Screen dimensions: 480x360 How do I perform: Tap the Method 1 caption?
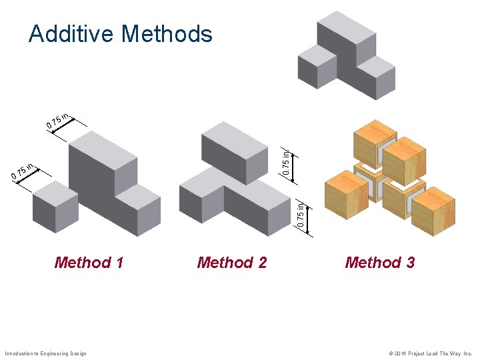pos(89,263)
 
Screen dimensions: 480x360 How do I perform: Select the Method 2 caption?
pos(231,263)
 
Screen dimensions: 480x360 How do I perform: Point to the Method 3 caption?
pos(379,263)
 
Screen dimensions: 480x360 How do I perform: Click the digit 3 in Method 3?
pos(409,263)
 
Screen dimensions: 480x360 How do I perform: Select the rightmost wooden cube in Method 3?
pos(433,210)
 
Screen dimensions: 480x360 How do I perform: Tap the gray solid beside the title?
pos(347,57)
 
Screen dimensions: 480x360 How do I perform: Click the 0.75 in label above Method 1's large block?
pos(59,120)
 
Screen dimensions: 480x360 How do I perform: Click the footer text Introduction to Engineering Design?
pos(45,353)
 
